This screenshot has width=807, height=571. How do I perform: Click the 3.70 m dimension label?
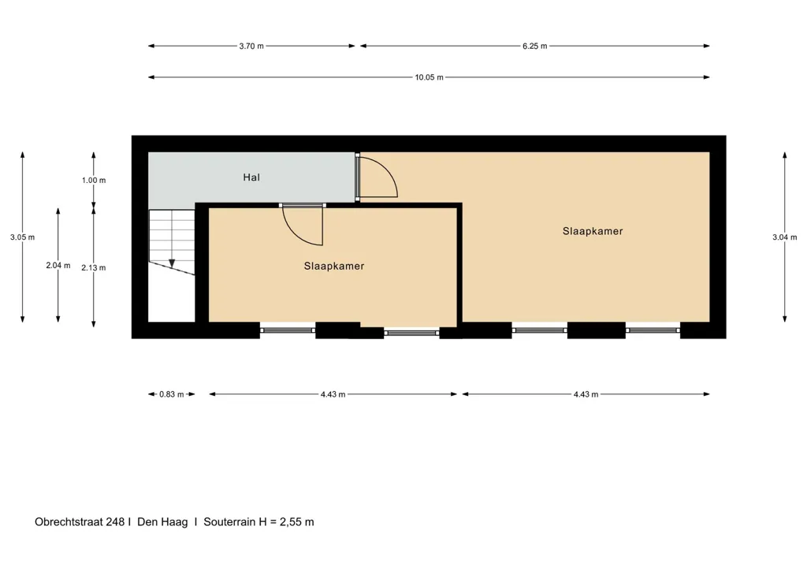[x=251, y=46]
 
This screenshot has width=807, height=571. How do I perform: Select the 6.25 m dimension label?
[x=535, y=46]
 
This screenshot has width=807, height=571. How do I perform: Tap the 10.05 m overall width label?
[x=429, y=77]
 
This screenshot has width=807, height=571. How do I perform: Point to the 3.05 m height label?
[x=22, y=237]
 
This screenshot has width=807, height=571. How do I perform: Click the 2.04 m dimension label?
[x=58, y=265]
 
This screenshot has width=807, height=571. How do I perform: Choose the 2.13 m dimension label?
[x=94, y=267]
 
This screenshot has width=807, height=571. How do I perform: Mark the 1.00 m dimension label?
[x=94, y=180]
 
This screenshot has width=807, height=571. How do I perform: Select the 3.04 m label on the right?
[x=784, y=237]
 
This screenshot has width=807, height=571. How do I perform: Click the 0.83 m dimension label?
[x=171, y=394]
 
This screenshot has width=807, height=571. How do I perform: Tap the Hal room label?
[x=251, y=177]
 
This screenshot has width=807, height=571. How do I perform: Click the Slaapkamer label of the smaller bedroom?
[x=334, y=267]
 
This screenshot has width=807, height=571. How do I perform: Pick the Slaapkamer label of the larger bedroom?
[x=593, y=231]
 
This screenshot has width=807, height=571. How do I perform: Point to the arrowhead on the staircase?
[x=172, y=263]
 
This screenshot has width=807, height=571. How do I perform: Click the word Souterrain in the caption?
[x=229, y=521]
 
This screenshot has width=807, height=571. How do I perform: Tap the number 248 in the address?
[x=115, y=521]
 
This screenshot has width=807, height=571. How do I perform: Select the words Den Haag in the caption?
[x=162, y=521]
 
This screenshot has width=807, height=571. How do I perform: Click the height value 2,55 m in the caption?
[x=296, y=522]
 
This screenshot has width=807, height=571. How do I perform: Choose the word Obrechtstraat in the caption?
[x=69, y=521]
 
